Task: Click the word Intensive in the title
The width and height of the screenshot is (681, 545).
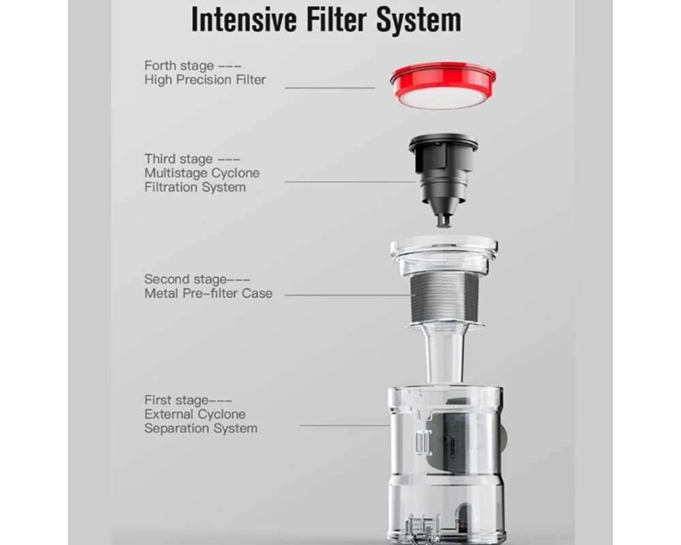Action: [244, 20]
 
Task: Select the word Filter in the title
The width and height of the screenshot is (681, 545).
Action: [336, 20]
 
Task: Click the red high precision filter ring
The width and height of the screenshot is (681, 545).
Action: [443, 84]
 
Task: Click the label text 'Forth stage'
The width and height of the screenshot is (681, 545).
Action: [179, 65]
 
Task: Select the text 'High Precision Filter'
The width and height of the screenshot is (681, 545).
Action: [205, 80]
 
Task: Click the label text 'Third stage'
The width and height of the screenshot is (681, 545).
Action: [178, 159]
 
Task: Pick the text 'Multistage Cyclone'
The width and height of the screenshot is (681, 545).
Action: [202, 173]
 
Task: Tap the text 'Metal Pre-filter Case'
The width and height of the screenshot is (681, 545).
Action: [208, 294]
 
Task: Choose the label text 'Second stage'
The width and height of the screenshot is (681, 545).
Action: [185, 279]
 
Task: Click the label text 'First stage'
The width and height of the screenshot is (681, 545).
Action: [176, 400]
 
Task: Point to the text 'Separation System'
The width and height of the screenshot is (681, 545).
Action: [201, 429]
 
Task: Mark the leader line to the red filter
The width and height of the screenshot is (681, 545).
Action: [330, 88]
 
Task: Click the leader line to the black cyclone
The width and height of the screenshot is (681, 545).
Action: [351, 182]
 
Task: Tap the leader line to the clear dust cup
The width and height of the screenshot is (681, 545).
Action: [345, 425]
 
